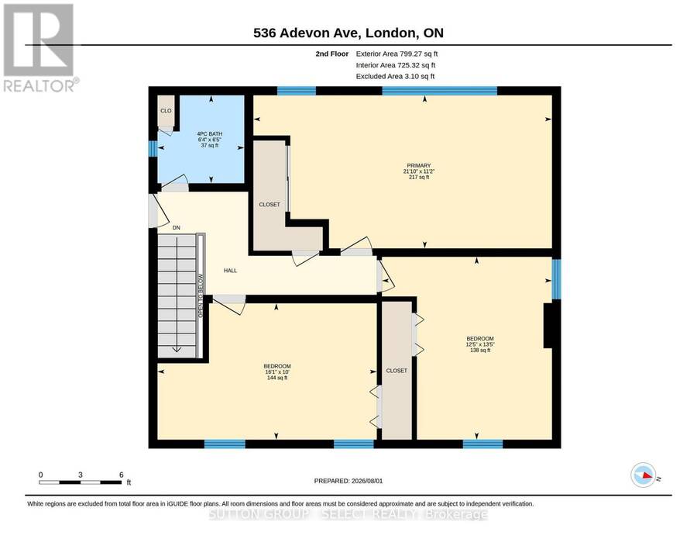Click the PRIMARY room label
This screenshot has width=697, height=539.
[x=419, y=165]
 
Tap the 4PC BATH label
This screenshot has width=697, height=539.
[x=209, y=134]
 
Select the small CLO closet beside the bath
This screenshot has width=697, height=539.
[x=166, y=111]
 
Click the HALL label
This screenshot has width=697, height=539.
[x=230, y=271]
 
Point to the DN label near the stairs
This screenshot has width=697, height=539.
[x=177, y=228]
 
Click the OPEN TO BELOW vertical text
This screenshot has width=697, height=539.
[x=201, y=296]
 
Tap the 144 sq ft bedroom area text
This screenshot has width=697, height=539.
[x=277, y=378]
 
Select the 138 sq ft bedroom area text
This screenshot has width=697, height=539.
[x=480, y=351]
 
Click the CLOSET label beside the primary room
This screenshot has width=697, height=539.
[x=270, y=205]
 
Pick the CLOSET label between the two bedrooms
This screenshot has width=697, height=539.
[x=397, y=371]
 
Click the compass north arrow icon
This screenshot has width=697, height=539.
[x=644, y=475]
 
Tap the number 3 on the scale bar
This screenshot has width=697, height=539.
[x=80, y=475]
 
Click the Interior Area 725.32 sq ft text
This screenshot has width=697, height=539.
[x=396, y=65]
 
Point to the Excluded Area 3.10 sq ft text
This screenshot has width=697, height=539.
[x=395, y=76]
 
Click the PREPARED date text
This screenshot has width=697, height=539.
[x=348, y=481]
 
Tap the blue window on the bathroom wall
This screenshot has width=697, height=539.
[x=153, y=149]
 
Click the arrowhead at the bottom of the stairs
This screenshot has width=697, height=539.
[x=177, y=350]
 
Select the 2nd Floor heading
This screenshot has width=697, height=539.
[x=332, y=54]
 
